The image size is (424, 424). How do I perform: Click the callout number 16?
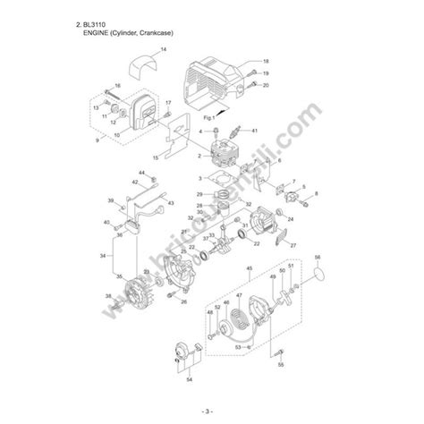(x=118, y=85)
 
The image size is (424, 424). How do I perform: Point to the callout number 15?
(x=155, y=158)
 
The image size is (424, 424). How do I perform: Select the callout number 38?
(x=108, y=296)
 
